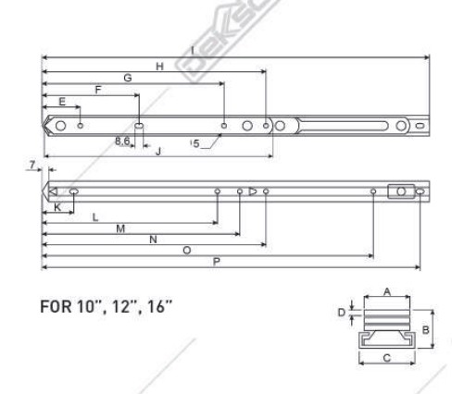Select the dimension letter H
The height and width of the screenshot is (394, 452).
coord(159,66)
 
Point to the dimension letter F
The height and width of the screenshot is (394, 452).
coord(97,89)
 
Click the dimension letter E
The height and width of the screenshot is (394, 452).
coord(62,101)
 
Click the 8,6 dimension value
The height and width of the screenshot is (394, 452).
coord(122,141)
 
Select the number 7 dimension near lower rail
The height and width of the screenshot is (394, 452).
coord(32,164)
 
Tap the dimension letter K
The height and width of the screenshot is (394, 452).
coord(57,208)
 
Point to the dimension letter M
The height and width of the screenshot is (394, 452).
coord(120,228)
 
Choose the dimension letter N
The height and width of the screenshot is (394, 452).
coord(153,239)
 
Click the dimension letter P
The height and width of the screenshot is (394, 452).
coord(216,262)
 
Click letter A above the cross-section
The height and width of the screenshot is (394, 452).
coord(387,290)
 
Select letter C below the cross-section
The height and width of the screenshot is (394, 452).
coord(386,355)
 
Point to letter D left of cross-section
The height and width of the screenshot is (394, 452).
coord(340,311)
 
